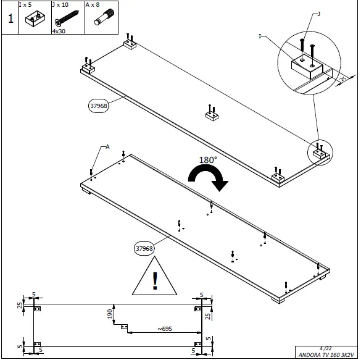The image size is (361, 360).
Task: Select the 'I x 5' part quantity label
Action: (x=34, y=4)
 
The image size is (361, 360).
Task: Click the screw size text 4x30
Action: (x=59, y=30)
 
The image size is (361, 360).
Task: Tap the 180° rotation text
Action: (x=207, y=159)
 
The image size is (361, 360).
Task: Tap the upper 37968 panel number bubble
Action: (x=99, y=106)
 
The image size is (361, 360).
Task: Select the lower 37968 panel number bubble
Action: (x=144, y=248)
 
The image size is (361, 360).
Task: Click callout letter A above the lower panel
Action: (x=107, y=146)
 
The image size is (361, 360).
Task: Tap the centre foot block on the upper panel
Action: (x=212, y=114)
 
